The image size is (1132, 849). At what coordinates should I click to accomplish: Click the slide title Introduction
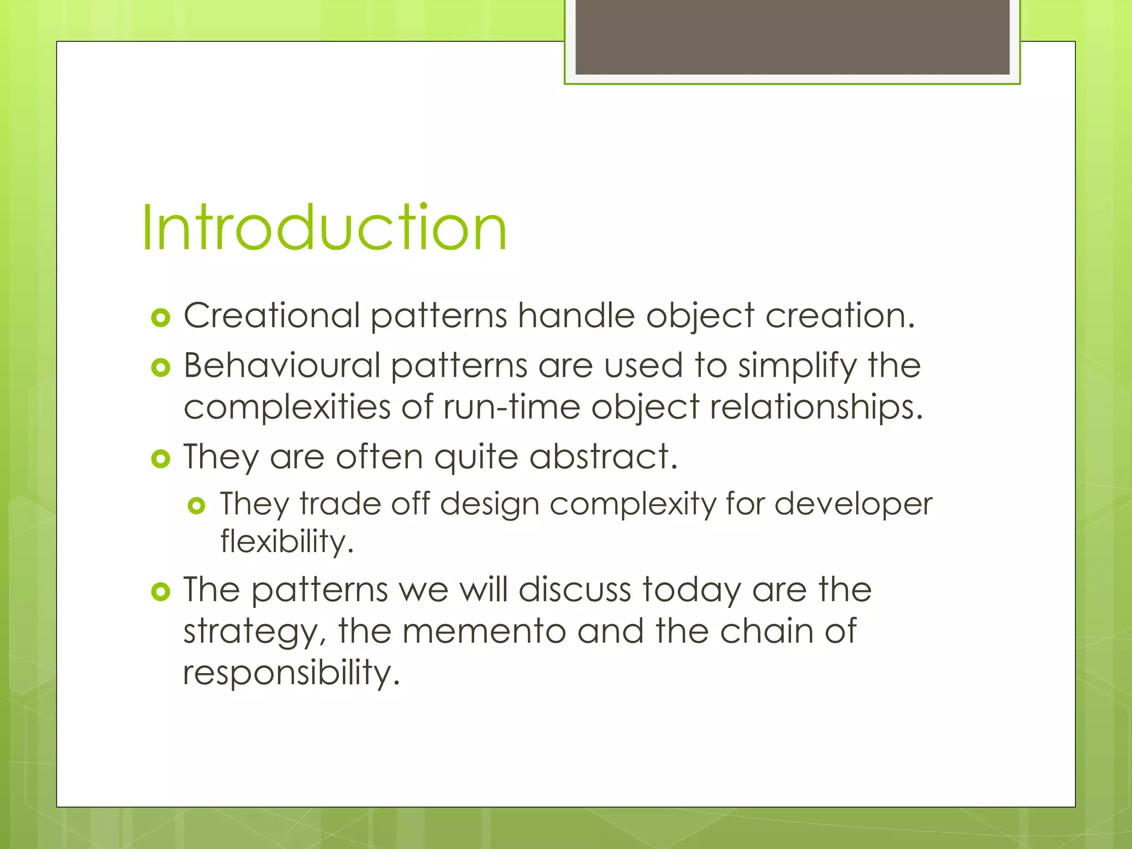pyautogui.click(x=324, y=228)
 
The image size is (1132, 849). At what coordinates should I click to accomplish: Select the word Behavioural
pyautogui.click(x=282, y=365)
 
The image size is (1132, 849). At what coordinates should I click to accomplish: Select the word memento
pyautogui.click(x=484, y=631)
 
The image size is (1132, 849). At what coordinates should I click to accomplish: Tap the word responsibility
pyautogui.click(x=291, y=673)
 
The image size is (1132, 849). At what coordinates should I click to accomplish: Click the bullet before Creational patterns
pyautogui.click(x=160, y=318)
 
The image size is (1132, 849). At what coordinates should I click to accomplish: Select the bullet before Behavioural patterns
pyautogui.click(x=160, y=368)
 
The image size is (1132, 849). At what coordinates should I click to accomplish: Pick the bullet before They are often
pyautogui.click(x=160, y=459)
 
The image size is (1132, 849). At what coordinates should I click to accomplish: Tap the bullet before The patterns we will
pyautogui.click(x=160, y=592)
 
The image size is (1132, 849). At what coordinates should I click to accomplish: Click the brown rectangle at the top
pyautogui.click(x=792, y=36)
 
